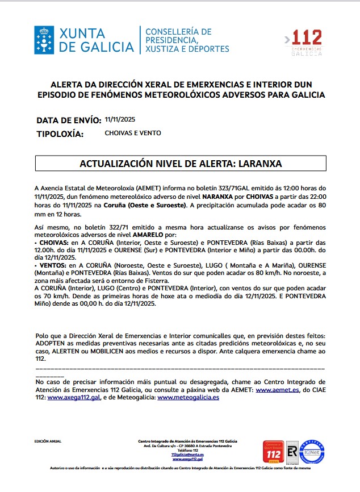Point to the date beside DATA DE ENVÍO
[120, 119]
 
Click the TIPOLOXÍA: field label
[60, 134]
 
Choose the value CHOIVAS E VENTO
[133, 133]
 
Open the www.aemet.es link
[278, 390]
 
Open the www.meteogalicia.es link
[188, 398]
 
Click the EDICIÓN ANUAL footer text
[48, 441]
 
